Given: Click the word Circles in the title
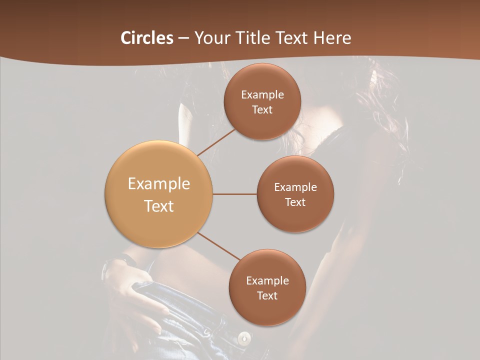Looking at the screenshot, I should [x=146, y=38].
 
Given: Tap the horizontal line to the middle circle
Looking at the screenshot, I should [x=234, y=194].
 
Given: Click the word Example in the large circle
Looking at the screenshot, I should [x=159, y=184].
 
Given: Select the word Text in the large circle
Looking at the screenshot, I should [x=159, y=206].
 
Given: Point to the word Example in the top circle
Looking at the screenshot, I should [x=262, y=95].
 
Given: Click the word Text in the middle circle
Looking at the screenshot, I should [x=295, y=202].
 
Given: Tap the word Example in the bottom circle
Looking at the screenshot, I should [x=267, y=281].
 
